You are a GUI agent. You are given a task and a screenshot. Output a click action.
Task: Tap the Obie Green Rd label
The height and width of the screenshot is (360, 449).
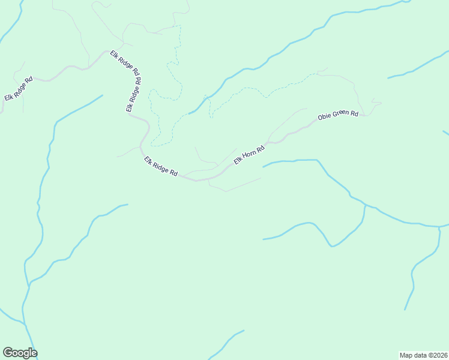338,115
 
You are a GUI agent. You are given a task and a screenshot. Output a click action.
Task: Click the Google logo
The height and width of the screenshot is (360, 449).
20,353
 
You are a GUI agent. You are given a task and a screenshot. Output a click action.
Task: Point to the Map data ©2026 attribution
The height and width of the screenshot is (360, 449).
423,355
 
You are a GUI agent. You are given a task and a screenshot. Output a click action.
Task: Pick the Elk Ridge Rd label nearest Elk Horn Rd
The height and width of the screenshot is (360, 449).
161,166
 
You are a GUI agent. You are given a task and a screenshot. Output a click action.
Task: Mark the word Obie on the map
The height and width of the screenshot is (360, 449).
324,116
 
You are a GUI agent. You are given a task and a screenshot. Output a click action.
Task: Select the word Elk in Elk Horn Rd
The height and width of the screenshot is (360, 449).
238,161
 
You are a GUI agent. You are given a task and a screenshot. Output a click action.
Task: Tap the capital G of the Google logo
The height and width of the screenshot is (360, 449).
8,353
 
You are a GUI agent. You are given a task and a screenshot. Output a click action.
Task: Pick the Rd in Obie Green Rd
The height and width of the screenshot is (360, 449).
354,113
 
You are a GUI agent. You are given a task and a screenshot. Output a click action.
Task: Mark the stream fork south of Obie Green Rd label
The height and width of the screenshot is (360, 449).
365,206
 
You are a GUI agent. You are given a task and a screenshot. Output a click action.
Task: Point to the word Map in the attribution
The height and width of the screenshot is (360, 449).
406,355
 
